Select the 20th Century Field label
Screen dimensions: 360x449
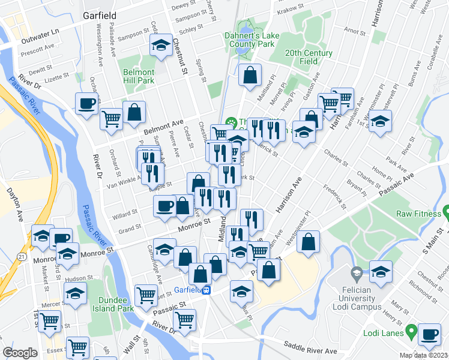(309, 57)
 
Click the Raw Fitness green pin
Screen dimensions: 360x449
(446, 213)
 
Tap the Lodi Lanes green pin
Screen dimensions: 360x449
(411, 331)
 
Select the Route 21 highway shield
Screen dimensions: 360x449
(22, 257)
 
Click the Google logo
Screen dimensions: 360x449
(20, 353)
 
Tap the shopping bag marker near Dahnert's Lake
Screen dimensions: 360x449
(250, 76)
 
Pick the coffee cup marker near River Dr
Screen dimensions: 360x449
(86, 103)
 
